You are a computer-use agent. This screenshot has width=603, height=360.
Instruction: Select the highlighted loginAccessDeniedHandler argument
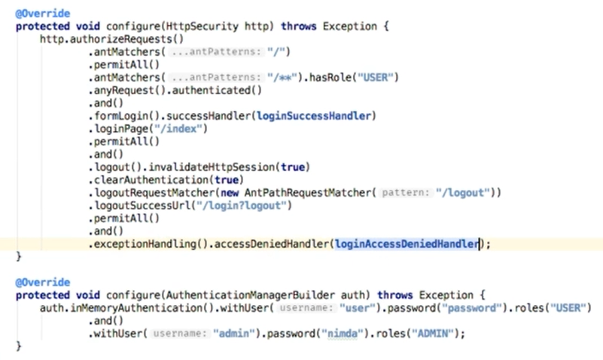tap(407, 244)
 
